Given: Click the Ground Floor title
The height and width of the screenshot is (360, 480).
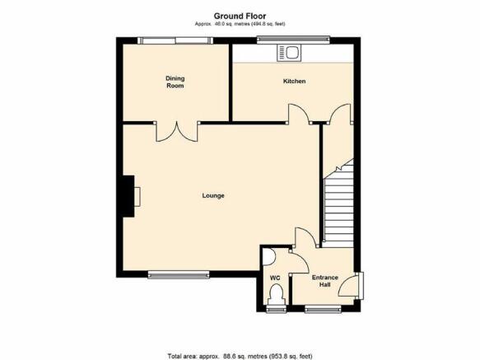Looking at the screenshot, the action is point(240,16).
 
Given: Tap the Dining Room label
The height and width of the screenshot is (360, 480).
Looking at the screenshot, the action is point(175,82).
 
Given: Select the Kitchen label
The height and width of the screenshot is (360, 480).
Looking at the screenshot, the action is point(294,82).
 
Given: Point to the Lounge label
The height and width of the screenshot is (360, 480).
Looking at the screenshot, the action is point(213,195).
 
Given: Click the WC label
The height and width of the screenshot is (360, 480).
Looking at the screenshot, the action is point(275,278).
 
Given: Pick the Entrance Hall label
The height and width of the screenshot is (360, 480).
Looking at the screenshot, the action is point(324,281).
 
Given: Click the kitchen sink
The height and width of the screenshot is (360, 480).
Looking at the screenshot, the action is point(289,53).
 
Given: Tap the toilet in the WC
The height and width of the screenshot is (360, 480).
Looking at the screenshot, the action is point(276,294).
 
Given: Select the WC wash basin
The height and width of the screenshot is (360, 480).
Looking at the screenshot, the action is point(268,257).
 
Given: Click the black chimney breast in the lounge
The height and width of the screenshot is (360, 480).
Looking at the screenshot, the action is point(128,196).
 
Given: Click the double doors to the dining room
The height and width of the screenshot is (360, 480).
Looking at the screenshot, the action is point(177,132).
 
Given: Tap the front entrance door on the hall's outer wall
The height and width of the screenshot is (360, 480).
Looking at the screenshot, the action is point(349,286).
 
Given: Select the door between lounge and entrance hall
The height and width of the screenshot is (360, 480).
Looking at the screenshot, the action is point(305,236).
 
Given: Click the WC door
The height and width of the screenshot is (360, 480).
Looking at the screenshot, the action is point(299,261).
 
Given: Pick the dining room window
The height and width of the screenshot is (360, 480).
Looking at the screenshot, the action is point(175,40).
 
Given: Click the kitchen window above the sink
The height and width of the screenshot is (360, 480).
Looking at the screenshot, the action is point(293,40).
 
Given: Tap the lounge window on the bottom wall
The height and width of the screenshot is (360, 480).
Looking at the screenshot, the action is point(179,275).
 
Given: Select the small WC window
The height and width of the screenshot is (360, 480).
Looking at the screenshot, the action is point(276,310).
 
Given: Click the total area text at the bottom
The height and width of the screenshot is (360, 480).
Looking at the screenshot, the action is point(240,356).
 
